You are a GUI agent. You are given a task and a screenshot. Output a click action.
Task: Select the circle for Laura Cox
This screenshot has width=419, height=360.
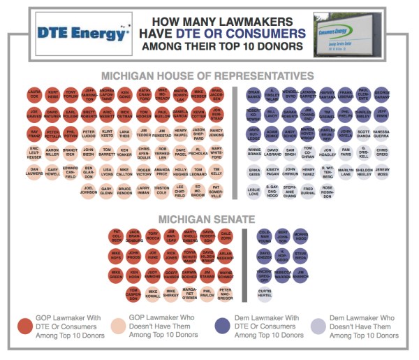point(34,93)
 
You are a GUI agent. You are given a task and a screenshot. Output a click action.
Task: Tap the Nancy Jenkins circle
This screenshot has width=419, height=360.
point(216,133)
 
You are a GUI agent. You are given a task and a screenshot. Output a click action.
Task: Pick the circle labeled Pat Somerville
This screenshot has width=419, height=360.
point(216,189)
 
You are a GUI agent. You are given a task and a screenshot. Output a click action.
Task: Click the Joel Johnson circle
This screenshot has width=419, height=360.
point(88,189)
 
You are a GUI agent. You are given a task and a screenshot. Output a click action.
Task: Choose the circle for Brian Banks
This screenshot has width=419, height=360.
point(253,93)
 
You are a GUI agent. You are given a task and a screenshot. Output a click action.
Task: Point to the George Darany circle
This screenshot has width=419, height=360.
point(381,93)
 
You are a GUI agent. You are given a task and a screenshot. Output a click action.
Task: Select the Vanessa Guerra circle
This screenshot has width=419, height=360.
point(381,133)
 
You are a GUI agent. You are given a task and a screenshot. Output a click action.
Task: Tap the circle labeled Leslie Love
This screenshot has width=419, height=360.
point(253,189)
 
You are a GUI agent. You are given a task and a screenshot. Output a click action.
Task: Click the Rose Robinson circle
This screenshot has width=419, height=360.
point(327,189)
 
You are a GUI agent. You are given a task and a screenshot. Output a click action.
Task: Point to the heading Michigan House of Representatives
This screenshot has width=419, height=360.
point(207,75)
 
